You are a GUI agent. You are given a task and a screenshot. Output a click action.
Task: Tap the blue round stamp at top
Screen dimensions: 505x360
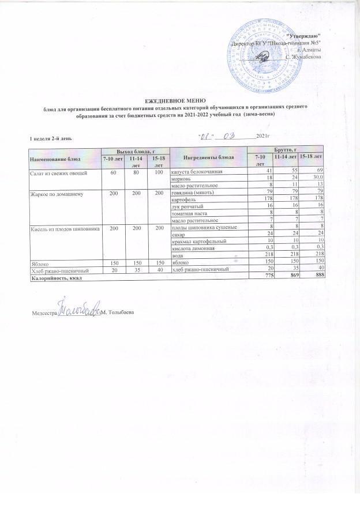tap(263, 52)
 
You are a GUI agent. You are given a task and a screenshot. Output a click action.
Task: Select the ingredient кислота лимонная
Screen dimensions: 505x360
tap(192, 248)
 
